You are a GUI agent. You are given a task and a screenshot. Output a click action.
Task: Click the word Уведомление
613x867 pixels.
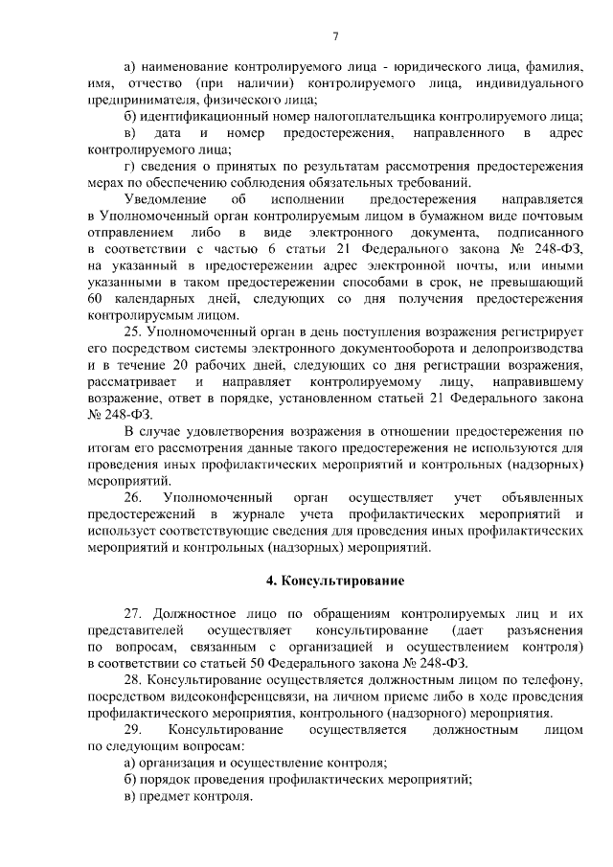(x=167, y=199)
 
